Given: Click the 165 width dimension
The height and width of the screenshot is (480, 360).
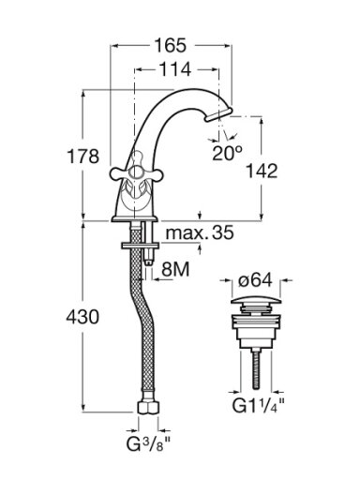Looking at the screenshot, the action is click(x=171, y=46).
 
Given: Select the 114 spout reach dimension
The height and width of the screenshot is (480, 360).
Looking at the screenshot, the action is click(x=175, y=69).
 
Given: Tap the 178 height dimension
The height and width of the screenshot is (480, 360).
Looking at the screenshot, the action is click(x=83, y=156).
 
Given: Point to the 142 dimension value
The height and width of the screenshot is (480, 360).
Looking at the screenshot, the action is click(x=262, y=171).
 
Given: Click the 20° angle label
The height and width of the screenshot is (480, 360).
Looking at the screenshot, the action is click(x=227, y=154).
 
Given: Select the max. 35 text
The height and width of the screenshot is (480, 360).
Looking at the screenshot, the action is click(x=200, y=232).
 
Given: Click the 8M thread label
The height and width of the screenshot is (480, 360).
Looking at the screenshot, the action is click(x=175, y=269).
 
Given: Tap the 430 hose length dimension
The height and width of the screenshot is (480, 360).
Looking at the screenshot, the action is click(x=82, y=317).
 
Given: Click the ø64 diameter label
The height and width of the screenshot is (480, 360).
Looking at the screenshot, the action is click(x=255, y=280).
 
